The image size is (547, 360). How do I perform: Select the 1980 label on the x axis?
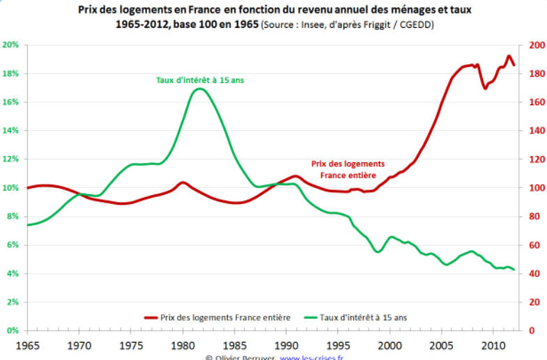(x=183, y=345)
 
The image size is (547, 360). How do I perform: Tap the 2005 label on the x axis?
(x=442, y=345)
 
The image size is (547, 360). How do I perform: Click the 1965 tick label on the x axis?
(x=27, y=345)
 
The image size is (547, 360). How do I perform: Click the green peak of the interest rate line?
(x=200, y=88)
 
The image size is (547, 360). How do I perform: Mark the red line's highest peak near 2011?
(x=509, y=56)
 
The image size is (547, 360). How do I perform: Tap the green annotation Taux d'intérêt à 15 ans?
(x=200, y=80)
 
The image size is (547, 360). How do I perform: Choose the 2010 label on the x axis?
(x=494, y=345)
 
